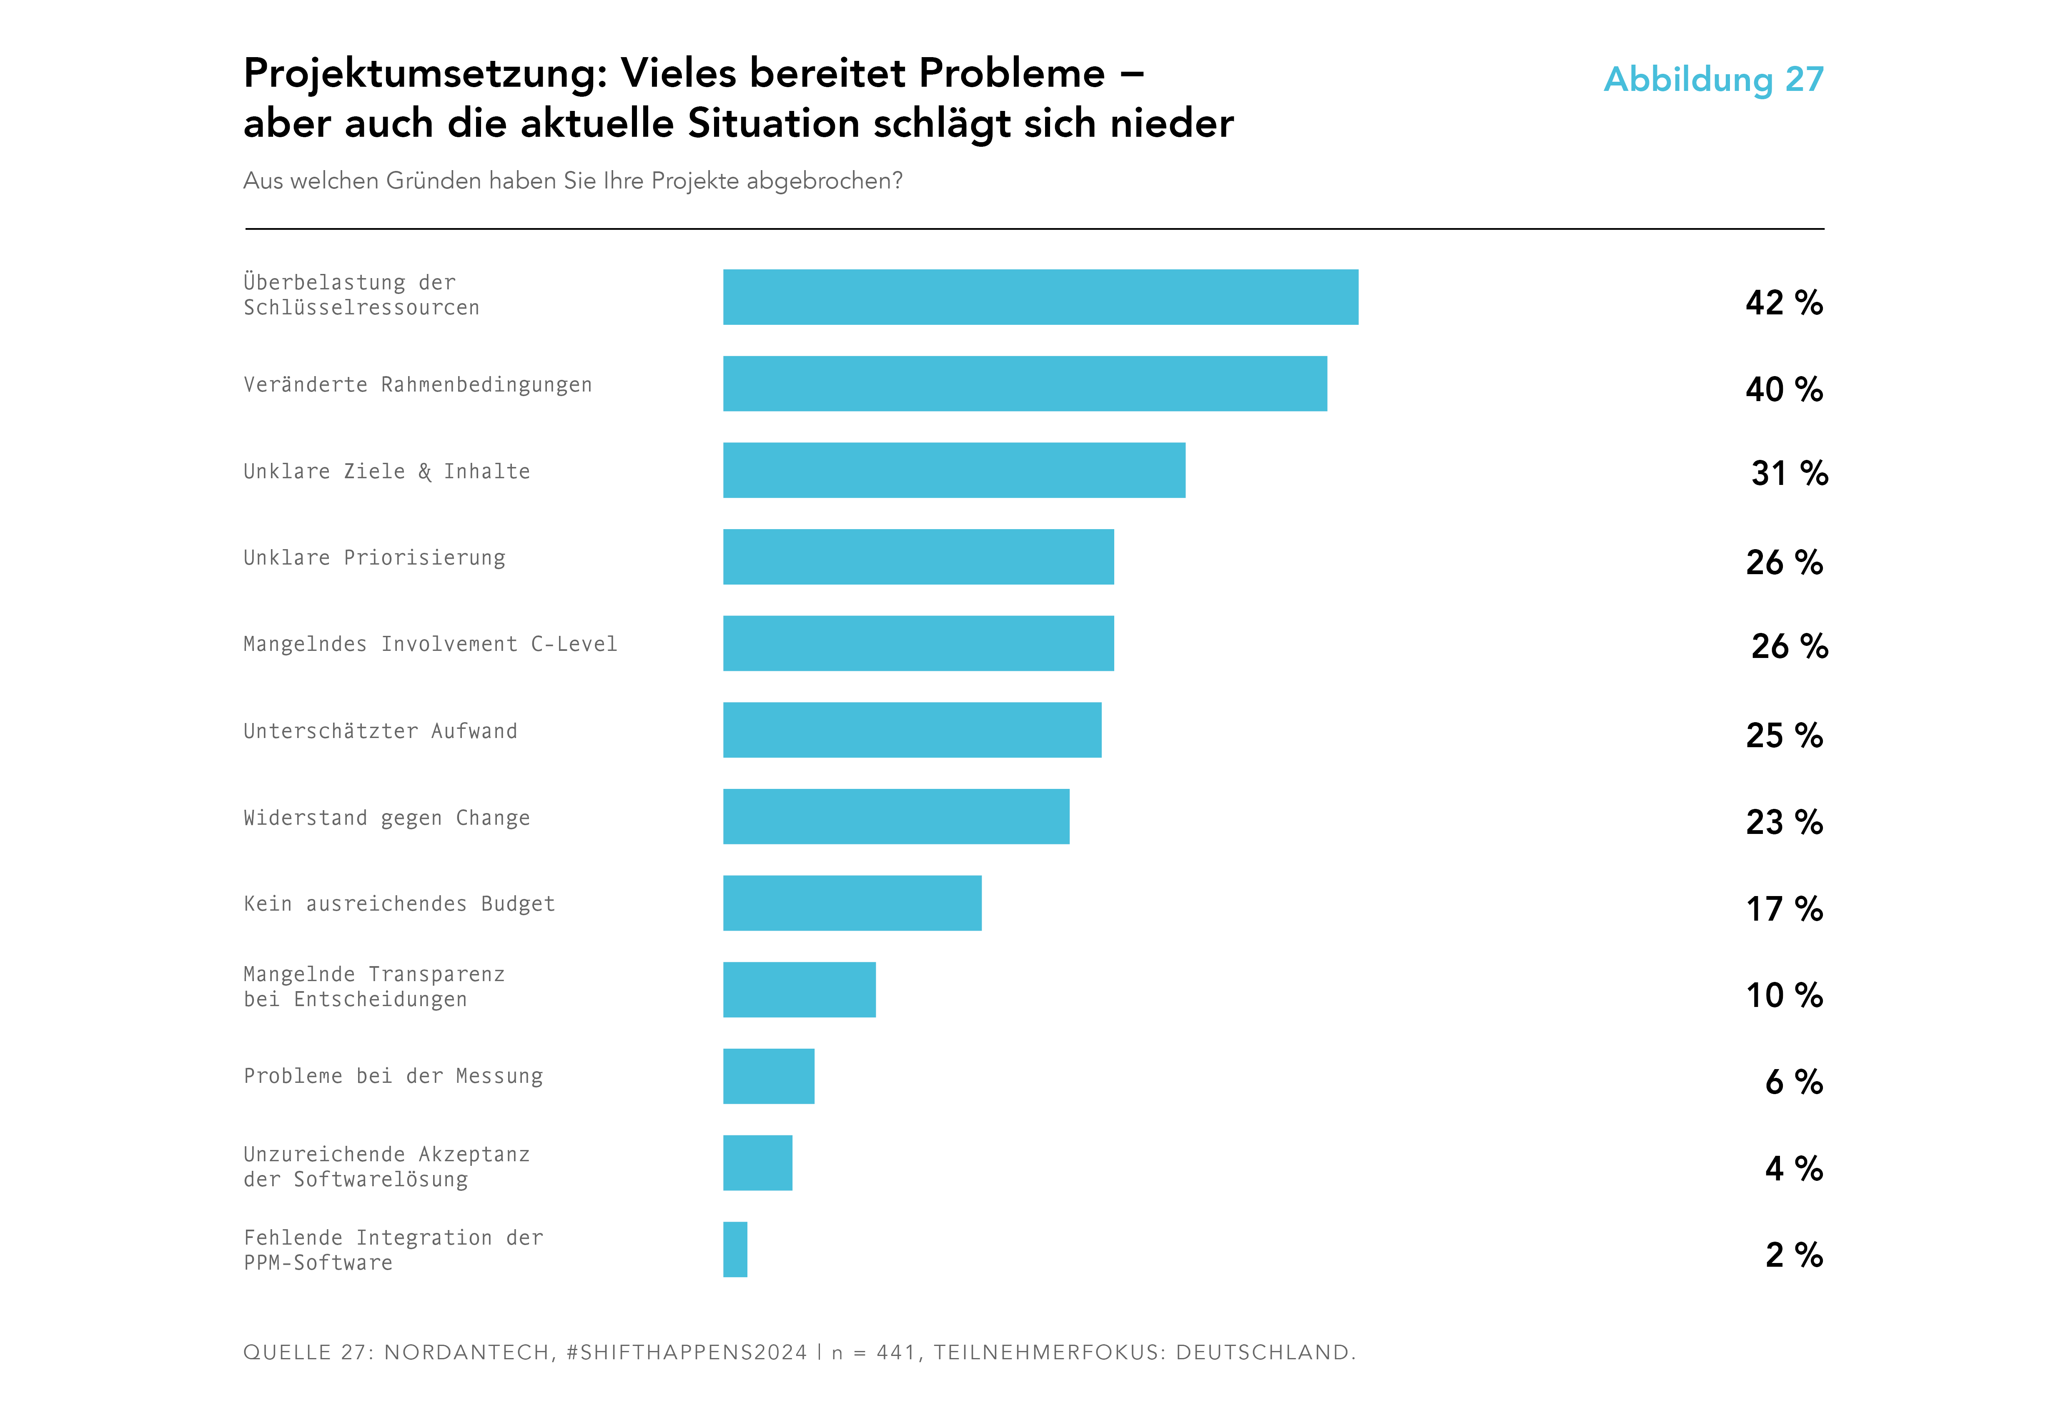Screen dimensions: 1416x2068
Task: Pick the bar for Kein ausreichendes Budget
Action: (x=852, y=904)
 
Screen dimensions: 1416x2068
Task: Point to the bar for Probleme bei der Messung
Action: (x=768, y=1076)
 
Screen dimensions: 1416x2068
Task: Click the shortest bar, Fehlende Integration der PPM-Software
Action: (x=735, y=1250)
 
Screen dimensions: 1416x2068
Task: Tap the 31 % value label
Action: (x=1789, y=474)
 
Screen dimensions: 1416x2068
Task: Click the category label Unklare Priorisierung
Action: (x=375, y=558)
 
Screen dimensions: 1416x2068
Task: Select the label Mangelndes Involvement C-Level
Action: (x=430, y=644)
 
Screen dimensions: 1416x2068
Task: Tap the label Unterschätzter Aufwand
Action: (x=380, y=732)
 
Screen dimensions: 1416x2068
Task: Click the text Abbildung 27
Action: (x=1713, y=79)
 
